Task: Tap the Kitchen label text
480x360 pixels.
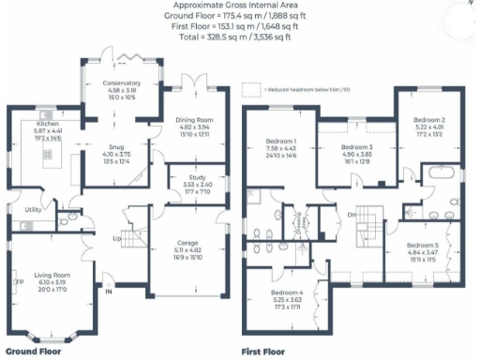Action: click(x=48, y=123)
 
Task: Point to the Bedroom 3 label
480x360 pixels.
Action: click(x=356, y=148)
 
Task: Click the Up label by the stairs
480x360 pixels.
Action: click(x=116, y=239)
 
